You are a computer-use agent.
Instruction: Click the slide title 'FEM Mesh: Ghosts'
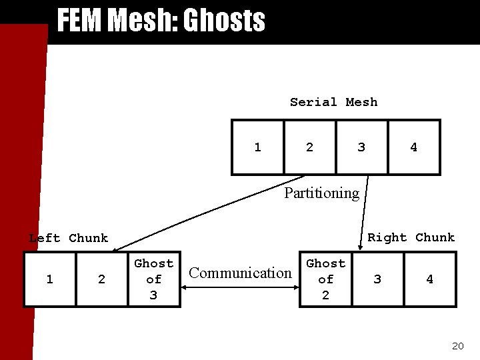pyautogui.click(x=161, y=21)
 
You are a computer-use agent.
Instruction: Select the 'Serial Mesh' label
pyautogui.click(x=333, y=102)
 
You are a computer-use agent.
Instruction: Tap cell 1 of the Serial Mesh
pyautogui.click(x=257, y=147)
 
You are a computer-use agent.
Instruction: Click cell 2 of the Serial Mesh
pyautogui.click(x=309, y=147)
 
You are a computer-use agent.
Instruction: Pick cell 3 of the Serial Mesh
pyautogui.click(x=361, y=147)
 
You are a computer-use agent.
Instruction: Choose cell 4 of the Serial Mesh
pyautogui.click(x=413, y=147)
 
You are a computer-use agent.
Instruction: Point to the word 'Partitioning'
pyautogui.click(x=321, y=193)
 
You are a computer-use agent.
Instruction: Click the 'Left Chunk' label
pyautogui.click(x=68, y=238)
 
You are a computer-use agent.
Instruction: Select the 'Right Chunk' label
pyautogui.click(x=411, y=237)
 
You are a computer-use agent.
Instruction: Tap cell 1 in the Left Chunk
pyautogui.click(x=50, y=279)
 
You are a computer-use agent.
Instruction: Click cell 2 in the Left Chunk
pyautogui.click(x=101, y=279)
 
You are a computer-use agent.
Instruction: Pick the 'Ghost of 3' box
pyautogui.click(x=154, y=279)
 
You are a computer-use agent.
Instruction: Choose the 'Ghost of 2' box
pyautogui.click(x=325, y=279)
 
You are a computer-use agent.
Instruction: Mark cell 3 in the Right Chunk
pyautogui.click(x=377, y=279)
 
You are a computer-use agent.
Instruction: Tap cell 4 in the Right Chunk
pyautogui.click(x=430, y=279)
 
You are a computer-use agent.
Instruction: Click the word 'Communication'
pyautogui.click(x=241, y=273)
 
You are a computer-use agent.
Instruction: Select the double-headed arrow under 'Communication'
pyautogui.click(x=241, y=288)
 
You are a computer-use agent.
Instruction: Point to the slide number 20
pyautogui.click(x=457, y=346)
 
